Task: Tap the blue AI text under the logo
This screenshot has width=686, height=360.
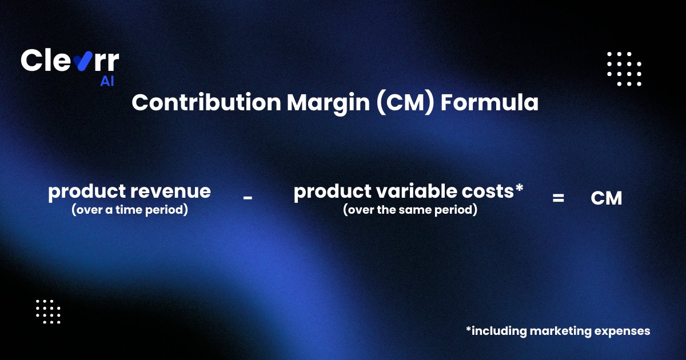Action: coord(107,81)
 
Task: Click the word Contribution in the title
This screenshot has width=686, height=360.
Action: coord(206,102)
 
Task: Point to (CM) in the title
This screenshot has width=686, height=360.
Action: coord(405,103)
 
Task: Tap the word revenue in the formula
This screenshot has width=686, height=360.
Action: coord(170,191)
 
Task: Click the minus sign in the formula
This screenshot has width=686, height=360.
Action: coord(248,198)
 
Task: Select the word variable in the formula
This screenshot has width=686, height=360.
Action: coord(416,191)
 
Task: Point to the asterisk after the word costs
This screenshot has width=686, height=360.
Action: coord(519,187)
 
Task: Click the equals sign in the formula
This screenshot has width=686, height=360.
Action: coord(558,198)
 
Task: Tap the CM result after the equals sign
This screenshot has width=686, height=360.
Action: coord(607,198)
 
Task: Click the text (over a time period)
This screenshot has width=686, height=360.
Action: coord(130,210)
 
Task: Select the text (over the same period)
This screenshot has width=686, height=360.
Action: coord(410,210)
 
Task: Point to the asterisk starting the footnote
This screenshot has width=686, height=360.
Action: coord(468,329)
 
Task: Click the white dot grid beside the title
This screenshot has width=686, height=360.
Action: coord(624,69)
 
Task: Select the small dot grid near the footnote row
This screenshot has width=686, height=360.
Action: coord(48,311)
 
